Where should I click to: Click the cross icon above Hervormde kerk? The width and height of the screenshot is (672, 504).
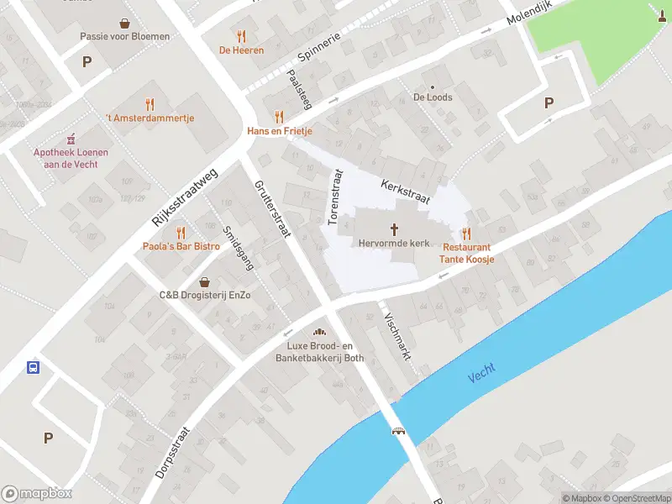tap(394, 229)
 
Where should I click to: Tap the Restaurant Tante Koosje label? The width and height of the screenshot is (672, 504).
tap(467, 254)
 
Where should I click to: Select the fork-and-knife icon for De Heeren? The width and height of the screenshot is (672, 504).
tap(242, 36)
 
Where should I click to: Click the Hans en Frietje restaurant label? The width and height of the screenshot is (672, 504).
tap(279, 131)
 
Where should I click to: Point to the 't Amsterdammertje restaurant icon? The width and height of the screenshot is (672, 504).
tap(150, 104)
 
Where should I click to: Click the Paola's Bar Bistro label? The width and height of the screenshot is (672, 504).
tap(180, 246)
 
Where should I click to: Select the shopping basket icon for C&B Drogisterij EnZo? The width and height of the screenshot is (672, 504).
tap(205, 282)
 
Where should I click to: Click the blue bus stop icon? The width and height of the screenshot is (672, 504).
tap(33, 367)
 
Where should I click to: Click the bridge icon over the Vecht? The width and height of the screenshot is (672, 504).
tap(399, 431)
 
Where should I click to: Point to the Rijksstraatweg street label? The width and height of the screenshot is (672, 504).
tap(185, 196)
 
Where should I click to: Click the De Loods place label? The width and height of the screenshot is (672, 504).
tap(433, 97)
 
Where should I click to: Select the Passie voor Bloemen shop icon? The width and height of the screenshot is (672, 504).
tap(124, 24)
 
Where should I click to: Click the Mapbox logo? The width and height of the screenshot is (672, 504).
tap(37, 494)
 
